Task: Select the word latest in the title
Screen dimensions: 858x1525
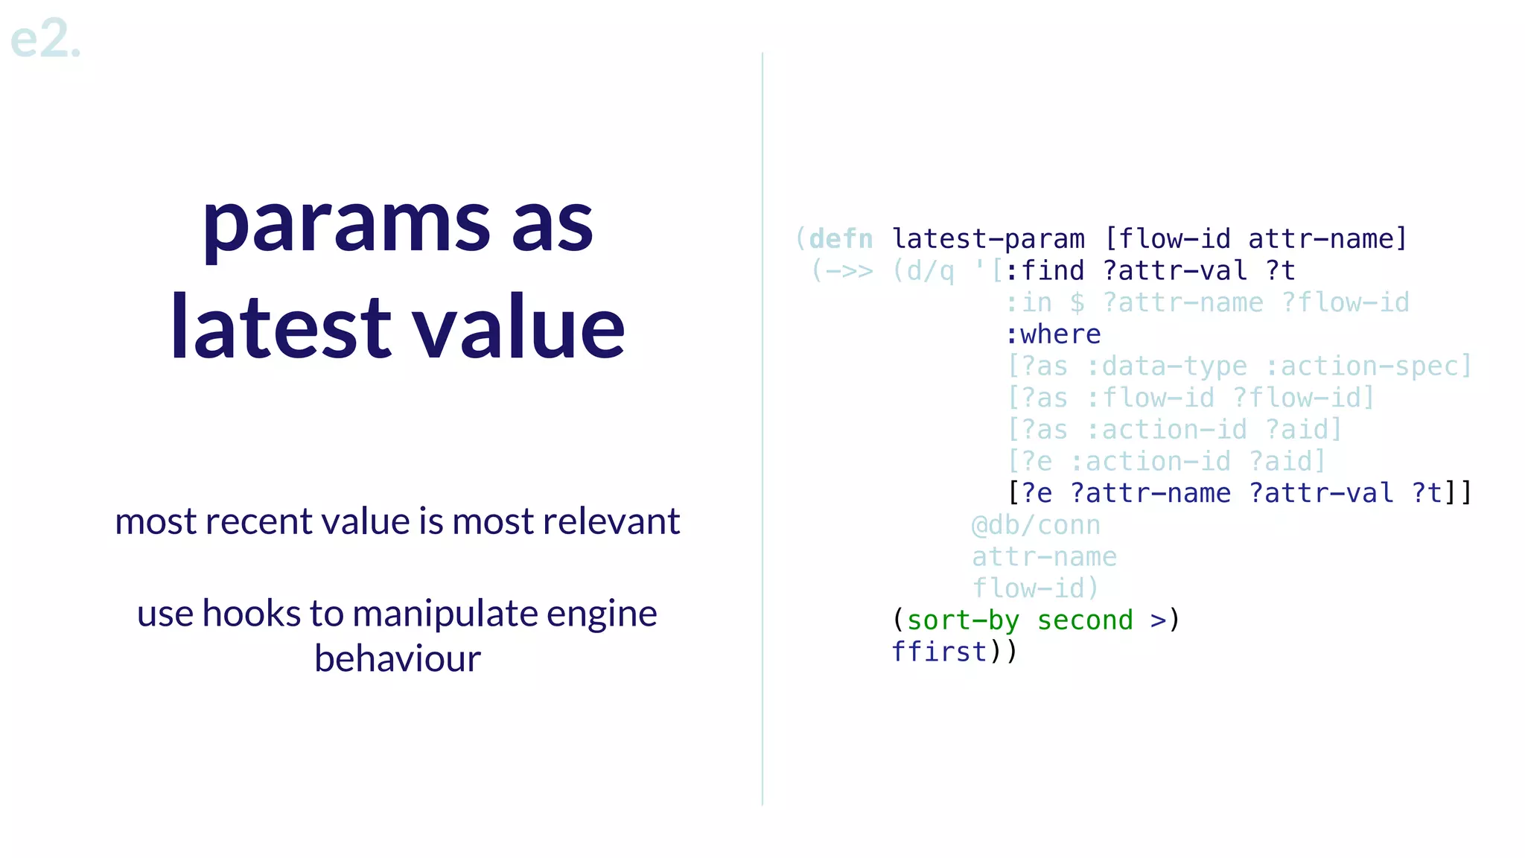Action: [x=280, y=328]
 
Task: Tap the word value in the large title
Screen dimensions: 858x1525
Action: [x=519, y=328]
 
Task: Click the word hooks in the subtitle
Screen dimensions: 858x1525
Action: [x=252, y=614]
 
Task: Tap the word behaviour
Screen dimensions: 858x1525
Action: [x=397, y=658]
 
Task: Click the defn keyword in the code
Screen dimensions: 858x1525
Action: [x=841, y=239]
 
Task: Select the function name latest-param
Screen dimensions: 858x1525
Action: [x=988, y=239]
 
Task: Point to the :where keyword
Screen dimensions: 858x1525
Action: [x=1053, y=334]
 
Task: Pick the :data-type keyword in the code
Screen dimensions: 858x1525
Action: [x=1166, y=366]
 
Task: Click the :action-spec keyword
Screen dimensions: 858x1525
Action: [x=1367, y=366]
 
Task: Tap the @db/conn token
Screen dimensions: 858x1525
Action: [x=1036, y=525]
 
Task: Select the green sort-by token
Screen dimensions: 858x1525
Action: [x=963, y=620]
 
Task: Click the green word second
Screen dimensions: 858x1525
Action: [x=1085, y=620]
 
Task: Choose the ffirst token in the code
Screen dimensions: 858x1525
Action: [x=939, y=652]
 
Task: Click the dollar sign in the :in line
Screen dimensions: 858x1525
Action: [x=1077, y=303]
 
